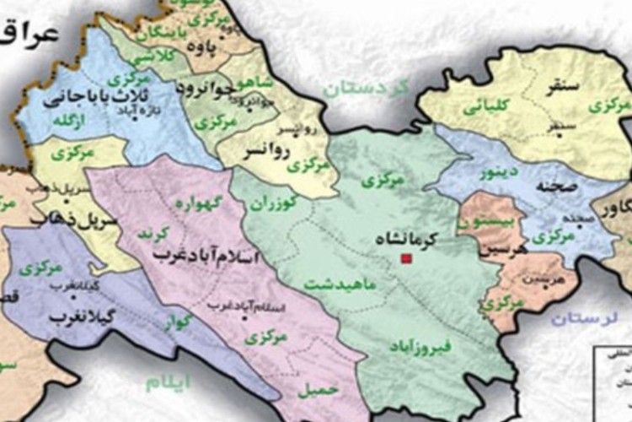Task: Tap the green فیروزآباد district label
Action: (x=420, y=346)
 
